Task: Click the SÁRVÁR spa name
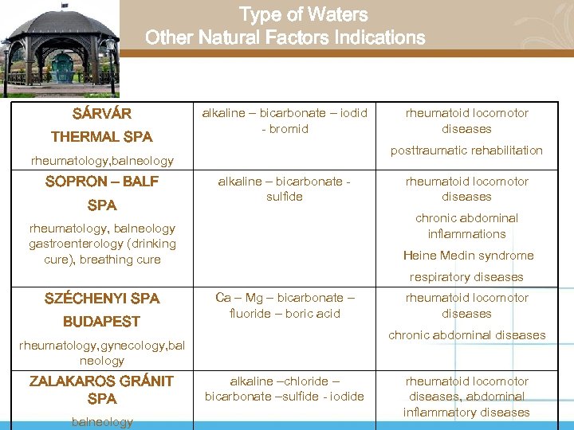(101, 114)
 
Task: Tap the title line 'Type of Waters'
(304, 15)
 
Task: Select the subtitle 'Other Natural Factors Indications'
(285, 38)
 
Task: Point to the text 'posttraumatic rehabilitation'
(466, 150)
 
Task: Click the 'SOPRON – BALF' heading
(101, 182)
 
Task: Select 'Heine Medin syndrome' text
(468, 256)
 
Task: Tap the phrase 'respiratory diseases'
(466, 277)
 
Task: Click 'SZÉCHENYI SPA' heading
(101, 299)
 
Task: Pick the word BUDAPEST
(101, 322)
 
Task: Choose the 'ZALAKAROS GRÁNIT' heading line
(101, 381)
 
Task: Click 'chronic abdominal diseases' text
(467, 335)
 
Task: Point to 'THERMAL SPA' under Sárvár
(101, 137)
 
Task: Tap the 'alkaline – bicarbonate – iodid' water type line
(285, 113)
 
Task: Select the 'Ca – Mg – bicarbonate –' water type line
(285, 298)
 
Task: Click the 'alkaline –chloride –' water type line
(285, 381)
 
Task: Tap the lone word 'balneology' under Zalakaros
(101, 422)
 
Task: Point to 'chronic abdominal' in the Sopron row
(466, 218)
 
